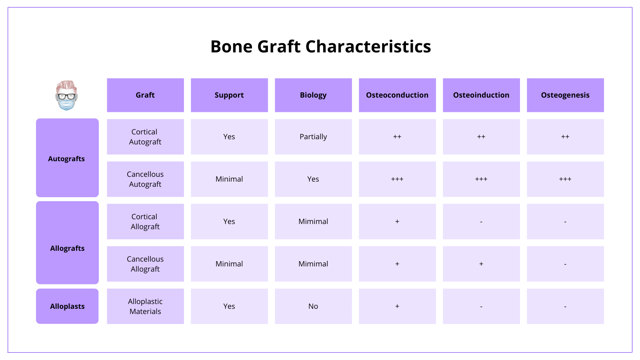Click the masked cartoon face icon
[66, 95]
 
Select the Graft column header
[145, 95]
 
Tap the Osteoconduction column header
[397, 95]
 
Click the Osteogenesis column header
[565, 95]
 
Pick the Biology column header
[313, 95]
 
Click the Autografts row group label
[67, 158]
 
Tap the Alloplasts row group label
[67, 306]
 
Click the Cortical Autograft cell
[145, 137]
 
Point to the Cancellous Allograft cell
[145, 264]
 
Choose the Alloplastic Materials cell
[145, 306]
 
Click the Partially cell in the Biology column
[313, 137]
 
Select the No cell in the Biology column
[313, 306]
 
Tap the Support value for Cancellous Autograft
[229, 179]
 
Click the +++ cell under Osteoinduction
[481, 179]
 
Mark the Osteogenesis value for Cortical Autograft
[565, 137]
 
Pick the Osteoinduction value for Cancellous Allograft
[481, 264]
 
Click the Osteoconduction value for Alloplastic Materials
[397, 306]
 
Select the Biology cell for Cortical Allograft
[313, 222]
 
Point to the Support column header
[229, 95]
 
